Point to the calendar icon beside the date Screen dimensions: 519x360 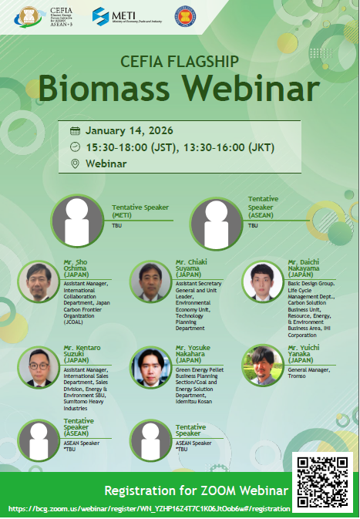pos(75,130)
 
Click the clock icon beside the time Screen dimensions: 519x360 pos(75,147)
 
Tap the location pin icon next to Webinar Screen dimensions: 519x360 pos(75,163)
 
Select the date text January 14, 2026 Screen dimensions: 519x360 pos(131,130)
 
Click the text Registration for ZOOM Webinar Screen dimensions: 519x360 pos(197,491)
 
